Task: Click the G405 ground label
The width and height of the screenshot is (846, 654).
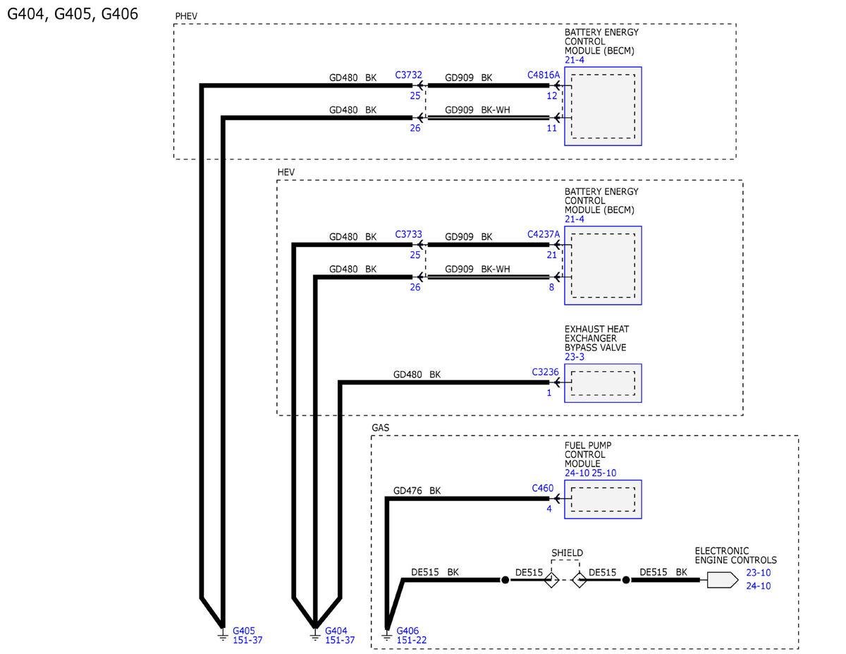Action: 244,631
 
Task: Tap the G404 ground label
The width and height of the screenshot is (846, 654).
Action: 336,631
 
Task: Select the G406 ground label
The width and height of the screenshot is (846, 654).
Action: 408,631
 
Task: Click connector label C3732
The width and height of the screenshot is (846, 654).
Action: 409,75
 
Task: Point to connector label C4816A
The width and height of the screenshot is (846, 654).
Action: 544,75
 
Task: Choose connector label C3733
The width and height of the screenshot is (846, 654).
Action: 409,234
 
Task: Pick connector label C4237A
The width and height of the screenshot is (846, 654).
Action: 544,234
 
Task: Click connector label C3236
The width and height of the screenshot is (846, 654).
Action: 545,372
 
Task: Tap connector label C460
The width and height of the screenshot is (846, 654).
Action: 543,488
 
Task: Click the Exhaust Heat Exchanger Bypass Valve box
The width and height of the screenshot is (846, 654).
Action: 603,383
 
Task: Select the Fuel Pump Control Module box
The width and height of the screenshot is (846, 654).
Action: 603,499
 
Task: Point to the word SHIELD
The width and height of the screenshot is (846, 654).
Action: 567,552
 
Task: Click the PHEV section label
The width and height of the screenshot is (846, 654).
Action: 187,16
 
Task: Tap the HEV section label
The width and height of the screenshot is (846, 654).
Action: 286,172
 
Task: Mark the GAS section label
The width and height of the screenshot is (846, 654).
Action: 381,428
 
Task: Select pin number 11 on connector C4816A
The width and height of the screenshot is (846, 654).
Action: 551,128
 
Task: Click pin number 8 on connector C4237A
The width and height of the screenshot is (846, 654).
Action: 551,287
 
